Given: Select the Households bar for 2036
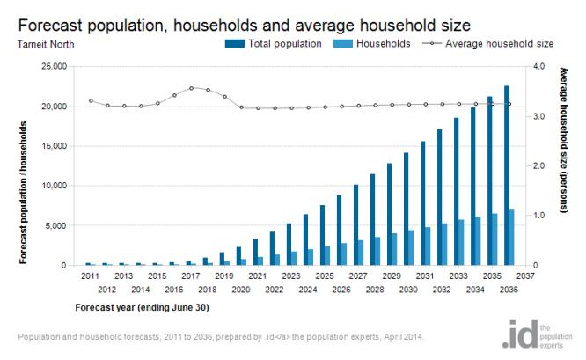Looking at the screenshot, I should (512, 238).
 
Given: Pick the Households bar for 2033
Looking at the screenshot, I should (462, 243).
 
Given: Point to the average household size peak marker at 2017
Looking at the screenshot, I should (191, 88).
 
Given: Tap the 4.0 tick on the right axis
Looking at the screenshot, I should (540, 67).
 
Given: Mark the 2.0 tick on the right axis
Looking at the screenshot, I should (540, 166).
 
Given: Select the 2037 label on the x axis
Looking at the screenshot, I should (525, 276).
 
